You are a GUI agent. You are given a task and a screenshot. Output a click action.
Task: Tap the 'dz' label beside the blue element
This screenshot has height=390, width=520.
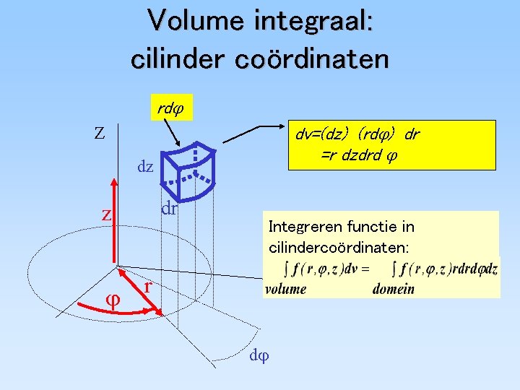(x=145, y=168)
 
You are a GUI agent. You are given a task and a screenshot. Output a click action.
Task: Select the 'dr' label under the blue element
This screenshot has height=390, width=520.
(x=169, y=209)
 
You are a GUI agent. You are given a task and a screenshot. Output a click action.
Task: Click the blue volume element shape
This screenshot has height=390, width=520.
(x=190, y=170)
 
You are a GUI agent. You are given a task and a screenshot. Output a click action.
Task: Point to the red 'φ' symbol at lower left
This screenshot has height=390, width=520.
(x=112, y=298)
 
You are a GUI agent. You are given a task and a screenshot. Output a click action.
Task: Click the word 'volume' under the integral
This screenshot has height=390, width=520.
(x=285, y=289)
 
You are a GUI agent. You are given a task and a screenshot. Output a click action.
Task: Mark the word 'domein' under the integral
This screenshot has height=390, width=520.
(x=394, y=289)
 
